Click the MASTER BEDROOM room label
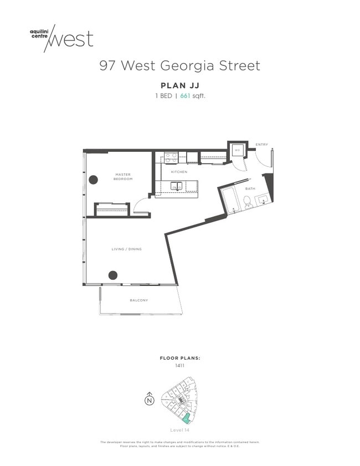(x=123, y=176)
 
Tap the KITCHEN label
(x=179, y=172)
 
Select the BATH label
(x=250, y=188)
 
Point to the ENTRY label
(x=261, y=145)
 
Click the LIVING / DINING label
(x=127, y=249)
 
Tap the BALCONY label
(x=139, y=300)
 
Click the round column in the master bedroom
(x=94, y=179)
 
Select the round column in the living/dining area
(x=113, y=275)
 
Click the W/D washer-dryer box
(x=236, y=150)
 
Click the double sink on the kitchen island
(x=177, y=188)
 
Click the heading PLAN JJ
(x=180, y=85)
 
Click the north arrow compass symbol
(x=149, y=400)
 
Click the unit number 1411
(x=180, y=366)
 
